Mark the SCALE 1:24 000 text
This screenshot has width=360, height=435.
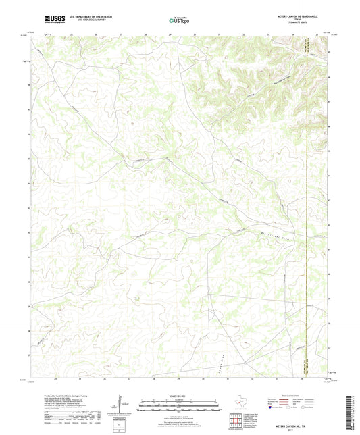(x=180, y=395)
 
